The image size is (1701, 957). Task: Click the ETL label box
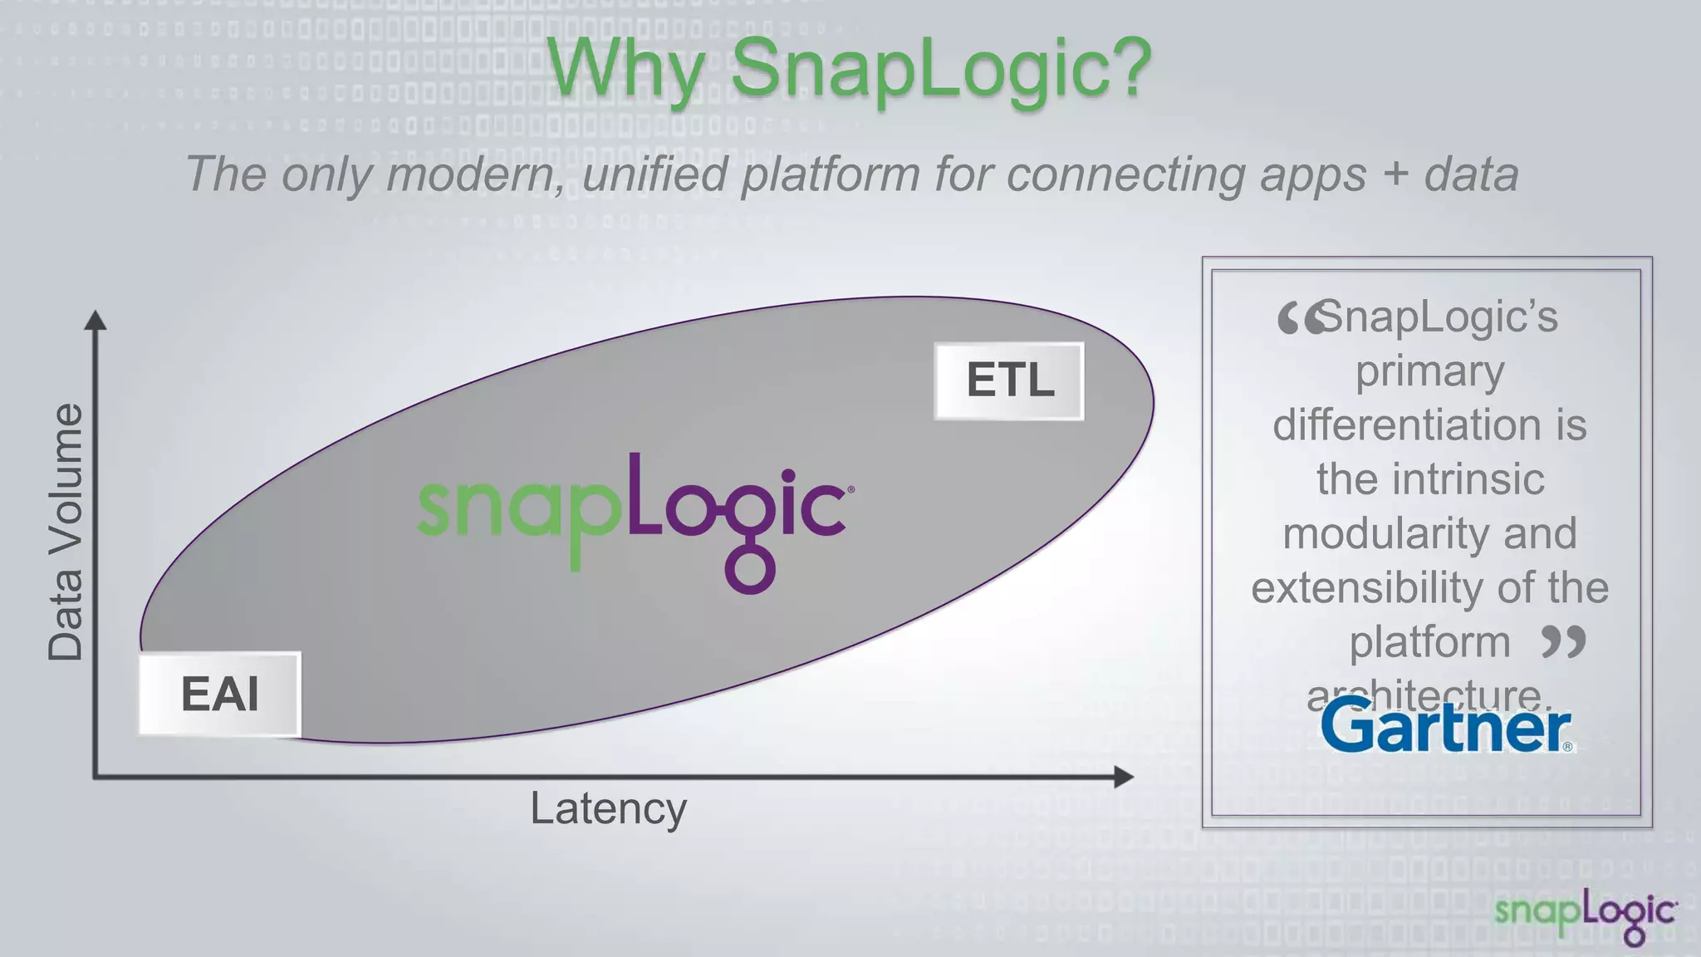coord(1009,381)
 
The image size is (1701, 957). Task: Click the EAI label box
coord(219,694)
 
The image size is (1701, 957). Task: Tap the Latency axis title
coord(609,808)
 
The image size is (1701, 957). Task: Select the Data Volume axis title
coord(66,532)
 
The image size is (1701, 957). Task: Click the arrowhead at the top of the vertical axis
coord(96,320)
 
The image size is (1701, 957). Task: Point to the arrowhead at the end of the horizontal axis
coord(1123,777)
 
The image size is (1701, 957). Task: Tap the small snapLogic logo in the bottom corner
coord(1586,915)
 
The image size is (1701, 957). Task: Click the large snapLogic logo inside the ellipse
coord(635,511)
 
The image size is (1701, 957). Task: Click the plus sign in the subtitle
coord(1395,174)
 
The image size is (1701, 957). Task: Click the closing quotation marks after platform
coord(1563,641)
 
